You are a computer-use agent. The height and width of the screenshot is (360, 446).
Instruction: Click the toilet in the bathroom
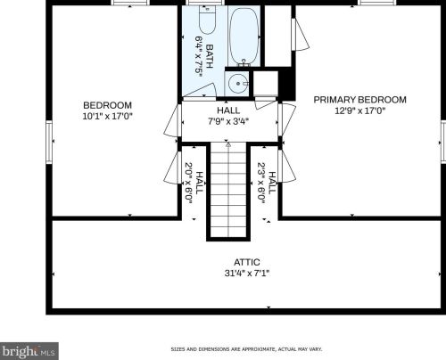pyautogui.click(x=207, y=20)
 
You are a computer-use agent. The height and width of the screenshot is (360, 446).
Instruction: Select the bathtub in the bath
pyautogui.click(x=244, y=37)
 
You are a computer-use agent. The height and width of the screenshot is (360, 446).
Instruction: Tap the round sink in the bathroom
pyautogui.click(x=238, y=84)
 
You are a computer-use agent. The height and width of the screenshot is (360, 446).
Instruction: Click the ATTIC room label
pyautogui.click(x=247, y=262)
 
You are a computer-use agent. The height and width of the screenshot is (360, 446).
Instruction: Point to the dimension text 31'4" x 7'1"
pyautogui.click(x=247, y=273)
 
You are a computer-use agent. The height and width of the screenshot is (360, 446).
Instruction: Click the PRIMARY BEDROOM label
pyautogui.click(x=360, y=100)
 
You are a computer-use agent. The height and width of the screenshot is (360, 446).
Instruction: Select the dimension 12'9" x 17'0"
pyautogui.click(x=360, y=110)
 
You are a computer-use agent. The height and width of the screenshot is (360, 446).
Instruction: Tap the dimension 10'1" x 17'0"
pyautogui.click(x=107, y=116)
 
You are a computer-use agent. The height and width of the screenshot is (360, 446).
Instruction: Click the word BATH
pyautogui.click(x=210, y=56)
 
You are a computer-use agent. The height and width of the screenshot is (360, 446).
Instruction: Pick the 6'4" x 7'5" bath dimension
pyautogui.click(x=199, y=56)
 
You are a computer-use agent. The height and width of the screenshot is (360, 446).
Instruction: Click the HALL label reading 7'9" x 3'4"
pyautogui.click(x=228, y=110)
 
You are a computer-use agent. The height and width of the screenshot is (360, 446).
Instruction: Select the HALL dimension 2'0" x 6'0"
pyautogui.click(x=188, y=183)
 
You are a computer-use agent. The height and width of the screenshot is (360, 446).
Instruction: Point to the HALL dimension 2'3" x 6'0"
pyautogui.click(x=261, y=183)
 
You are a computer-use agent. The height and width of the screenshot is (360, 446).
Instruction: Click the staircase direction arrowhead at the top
pyautogui.click(x=228, y=144)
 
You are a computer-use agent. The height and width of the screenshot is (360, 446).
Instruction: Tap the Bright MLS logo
pyautogui.click(x=29, y=351)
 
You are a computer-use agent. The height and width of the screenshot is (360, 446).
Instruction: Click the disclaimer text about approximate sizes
pyautogui.click(x=246, y=349)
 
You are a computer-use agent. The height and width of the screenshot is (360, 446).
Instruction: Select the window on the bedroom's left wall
pyautogui.click(x=49, y=142)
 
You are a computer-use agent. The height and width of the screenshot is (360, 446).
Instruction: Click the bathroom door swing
pyautogui.click(x=200, y=90)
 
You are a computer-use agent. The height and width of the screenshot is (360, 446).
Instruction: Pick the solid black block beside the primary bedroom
pyautogui.click(x=286, y=84)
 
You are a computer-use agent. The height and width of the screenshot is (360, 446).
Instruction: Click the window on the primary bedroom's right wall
pyautogui.click(x=443, y=142)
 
